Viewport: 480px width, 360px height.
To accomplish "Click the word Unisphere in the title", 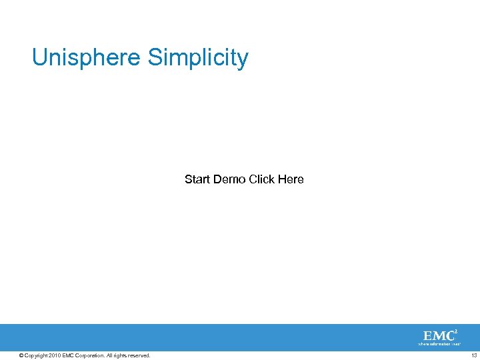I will coord(87,58).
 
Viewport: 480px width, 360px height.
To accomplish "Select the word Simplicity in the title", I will coord(198,58).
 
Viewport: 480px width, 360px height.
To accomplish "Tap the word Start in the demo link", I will coord(197,179).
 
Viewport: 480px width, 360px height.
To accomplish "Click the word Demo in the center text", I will coord(229,179).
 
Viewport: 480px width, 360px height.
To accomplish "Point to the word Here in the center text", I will coord(291,179).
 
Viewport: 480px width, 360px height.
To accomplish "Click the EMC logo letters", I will coord(438,335).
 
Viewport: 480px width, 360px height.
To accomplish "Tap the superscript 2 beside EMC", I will coord(455,331).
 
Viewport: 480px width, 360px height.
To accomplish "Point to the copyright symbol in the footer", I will coord(21,355).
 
